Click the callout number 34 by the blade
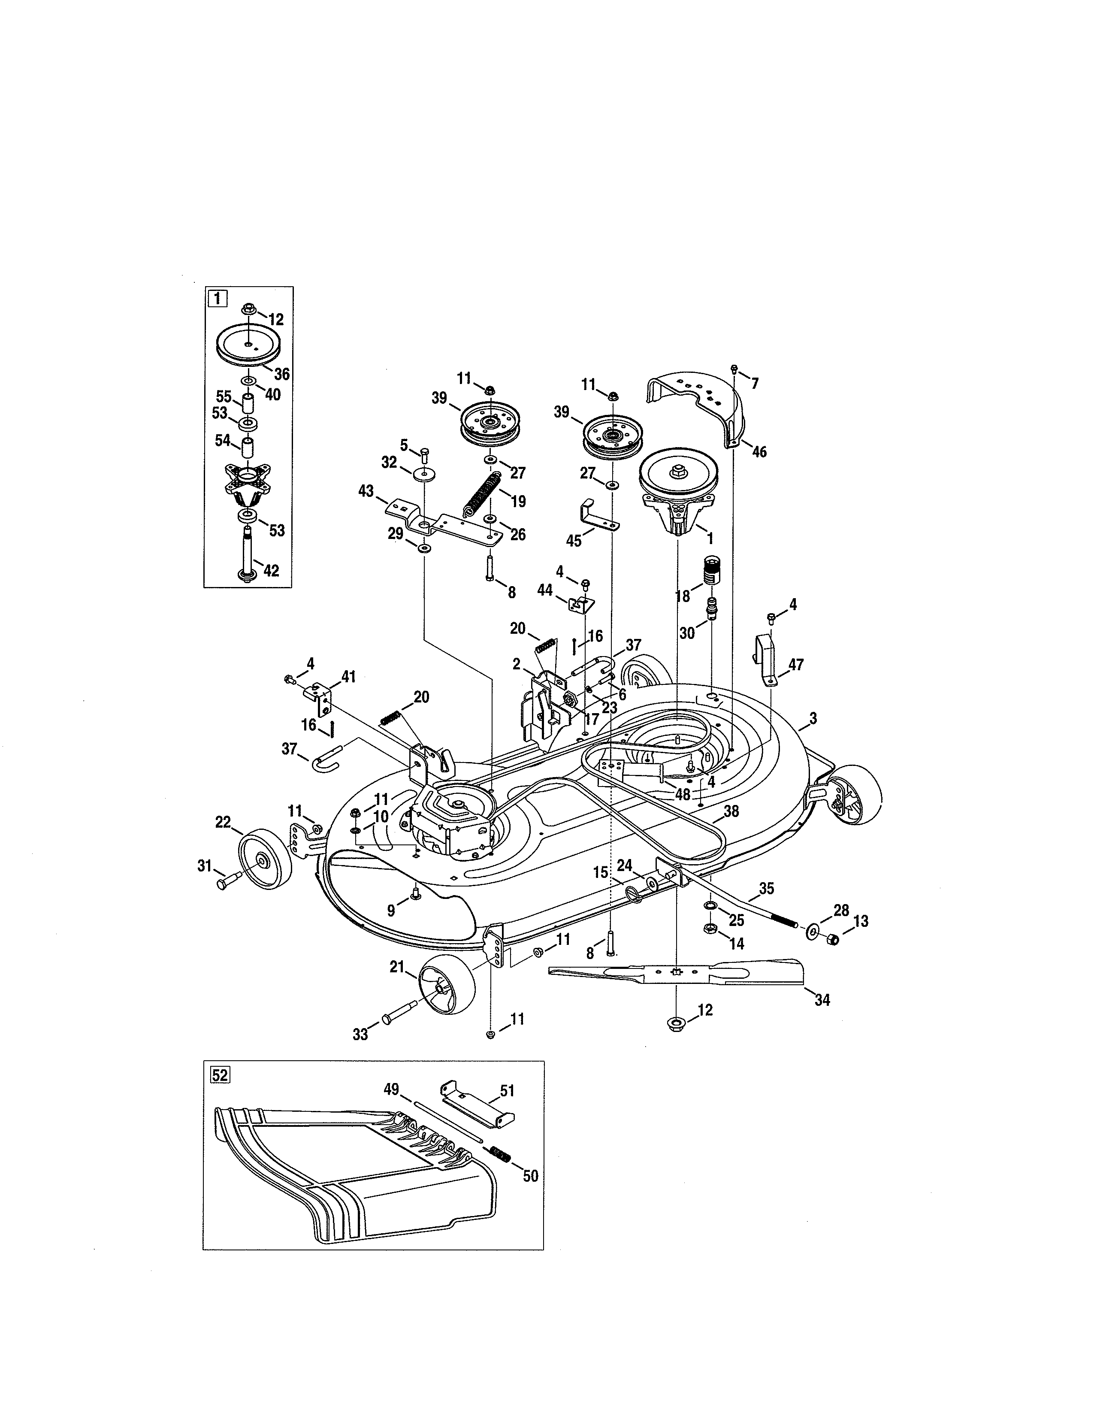click(822, 1000)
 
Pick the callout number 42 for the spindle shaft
click(270, 571)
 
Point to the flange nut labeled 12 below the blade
click(676, 1024)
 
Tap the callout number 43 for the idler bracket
click(366, 491)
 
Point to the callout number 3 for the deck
click(813, 718)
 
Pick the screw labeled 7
click(734, 369)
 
